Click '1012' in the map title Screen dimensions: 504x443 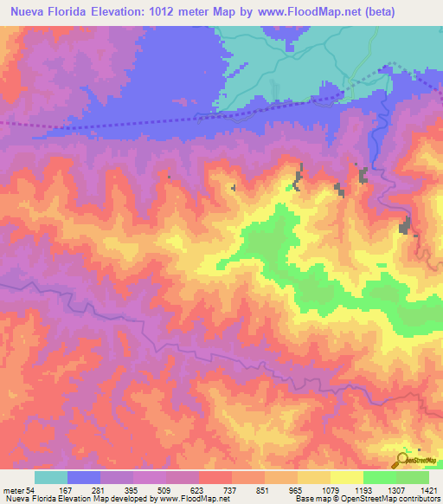185,14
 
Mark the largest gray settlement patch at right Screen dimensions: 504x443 404,227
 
